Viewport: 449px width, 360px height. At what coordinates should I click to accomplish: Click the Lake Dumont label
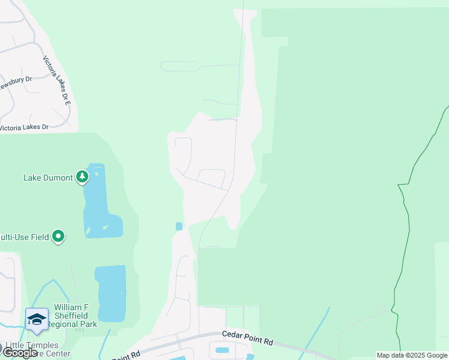(47, 178)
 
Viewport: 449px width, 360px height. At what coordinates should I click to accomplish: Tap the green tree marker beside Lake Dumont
(82, 177)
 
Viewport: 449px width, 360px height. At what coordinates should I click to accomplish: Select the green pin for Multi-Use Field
(58, 236)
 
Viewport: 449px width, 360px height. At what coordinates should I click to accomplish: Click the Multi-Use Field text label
(24, 237)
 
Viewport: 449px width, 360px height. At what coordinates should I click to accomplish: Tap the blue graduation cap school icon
(37, 320)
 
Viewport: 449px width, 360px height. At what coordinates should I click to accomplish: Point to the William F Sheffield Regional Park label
(71, 315)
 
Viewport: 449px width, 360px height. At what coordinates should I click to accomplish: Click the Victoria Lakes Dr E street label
(58, 82)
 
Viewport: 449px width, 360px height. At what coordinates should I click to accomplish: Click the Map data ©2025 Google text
(412, 355)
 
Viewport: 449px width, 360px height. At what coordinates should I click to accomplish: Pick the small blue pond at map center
(179, 226)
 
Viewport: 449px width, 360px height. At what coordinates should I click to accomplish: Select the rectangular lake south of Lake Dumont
(111, 294)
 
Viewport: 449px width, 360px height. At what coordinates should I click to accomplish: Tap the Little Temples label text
(32, 346)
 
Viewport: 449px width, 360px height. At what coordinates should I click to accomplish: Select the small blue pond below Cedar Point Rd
(221, 350)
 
